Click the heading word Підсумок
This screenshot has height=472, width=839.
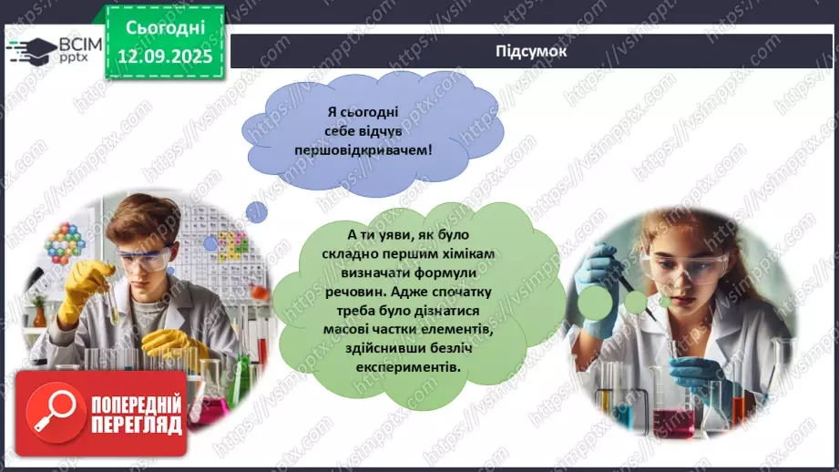531,51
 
